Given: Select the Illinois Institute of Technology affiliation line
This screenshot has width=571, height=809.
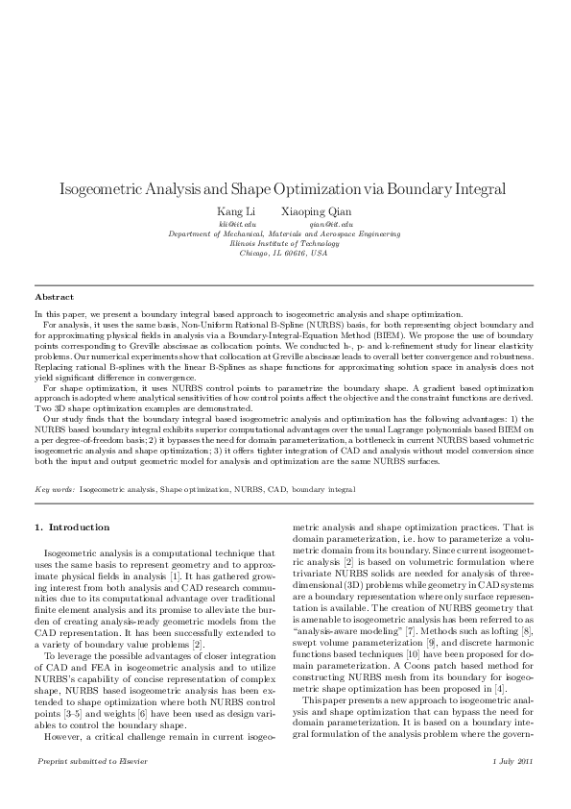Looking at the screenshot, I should tap(284, 243).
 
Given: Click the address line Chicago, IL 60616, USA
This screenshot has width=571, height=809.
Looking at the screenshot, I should tap(284, 253).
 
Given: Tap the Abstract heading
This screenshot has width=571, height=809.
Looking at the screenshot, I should tap(54, 297).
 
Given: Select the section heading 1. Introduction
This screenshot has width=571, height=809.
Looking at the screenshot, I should tap(72, 527).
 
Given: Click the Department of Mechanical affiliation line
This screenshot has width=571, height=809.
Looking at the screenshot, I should tap(284, 233).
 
